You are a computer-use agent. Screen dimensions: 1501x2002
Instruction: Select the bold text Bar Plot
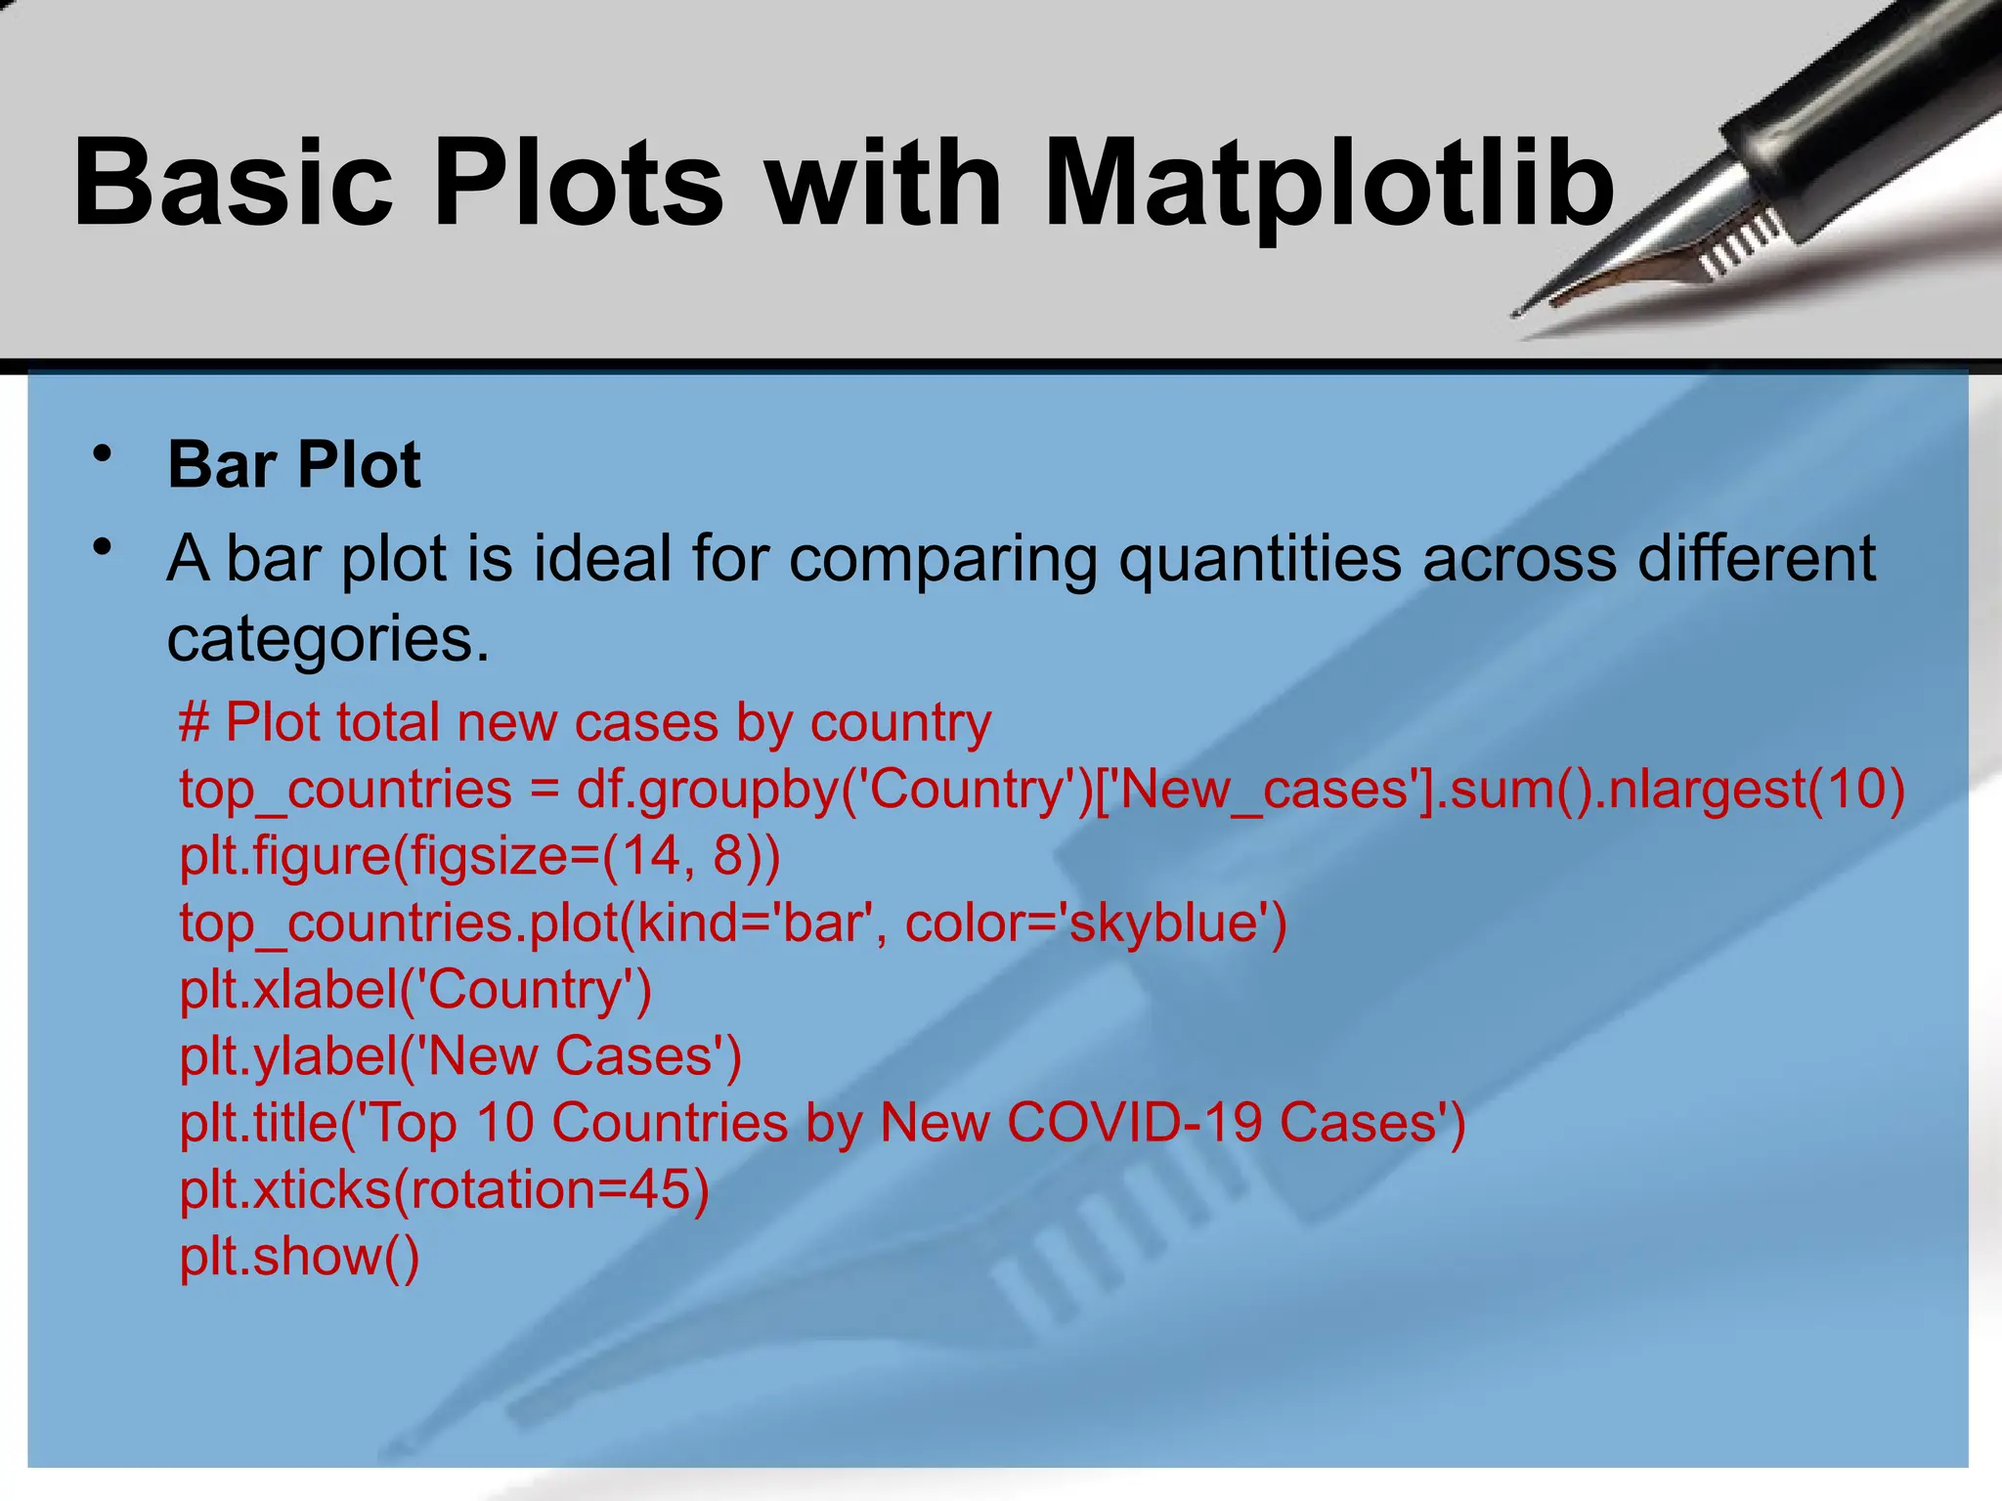pyautogui.click(x=294, y=464)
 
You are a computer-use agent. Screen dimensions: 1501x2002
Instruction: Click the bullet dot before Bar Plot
pyautogui.click(x=102, y=454)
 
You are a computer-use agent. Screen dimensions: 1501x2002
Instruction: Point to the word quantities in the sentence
pyautogui.click(x=1260, y=559)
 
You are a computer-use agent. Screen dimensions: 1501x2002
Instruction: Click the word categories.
pyautogui.click(x=327, y=639)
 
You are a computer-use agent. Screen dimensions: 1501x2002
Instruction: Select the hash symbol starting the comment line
pyautogui.click(x=195, y=723)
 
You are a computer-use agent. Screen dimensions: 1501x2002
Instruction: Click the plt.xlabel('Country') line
pyautogui.click(x=415, y=990)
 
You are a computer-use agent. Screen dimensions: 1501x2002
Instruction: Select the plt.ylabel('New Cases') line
pyautogui.click(x=460, y=1056)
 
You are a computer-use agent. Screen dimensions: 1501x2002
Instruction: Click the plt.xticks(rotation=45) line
pyautogui.click(x=444, y=1189)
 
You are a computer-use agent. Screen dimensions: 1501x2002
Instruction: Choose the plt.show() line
pyautogui.click(x=299, y=1257)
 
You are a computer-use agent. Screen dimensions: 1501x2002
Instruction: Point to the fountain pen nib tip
pyautogui.click(x=1517, y=314)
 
